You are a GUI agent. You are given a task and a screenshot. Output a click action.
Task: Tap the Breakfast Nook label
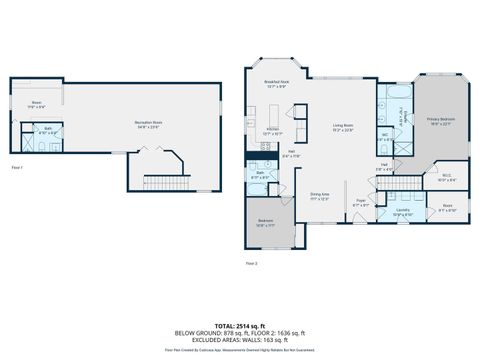276,84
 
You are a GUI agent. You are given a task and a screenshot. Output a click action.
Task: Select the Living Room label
343,127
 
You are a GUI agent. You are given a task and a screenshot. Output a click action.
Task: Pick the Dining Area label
319,196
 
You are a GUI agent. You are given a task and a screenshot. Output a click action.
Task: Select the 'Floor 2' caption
251,263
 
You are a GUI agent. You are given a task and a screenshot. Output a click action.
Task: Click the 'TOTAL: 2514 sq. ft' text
239,326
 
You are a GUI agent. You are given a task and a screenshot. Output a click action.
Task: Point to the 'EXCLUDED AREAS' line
239,340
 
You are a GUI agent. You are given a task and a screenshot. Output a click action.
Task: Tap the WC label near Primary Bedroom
385,138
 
